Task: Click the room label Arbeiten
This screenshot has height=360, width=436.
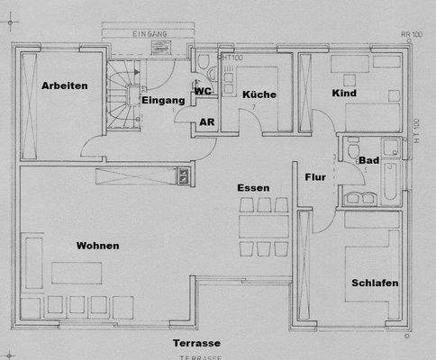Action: (x=64, y=85)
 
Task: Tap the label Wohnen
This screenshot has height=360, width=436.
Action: (x=97, y=246)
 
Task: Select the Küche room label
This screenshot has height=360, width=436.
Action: (x=259, y=94)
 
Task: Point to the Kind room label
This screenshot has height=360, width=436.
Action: (x=344, y=94)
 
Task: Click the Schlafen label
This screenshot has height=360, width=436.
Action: (x=375, y=283)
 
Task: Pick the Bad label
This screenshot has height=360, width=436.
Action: (x=368, y=161)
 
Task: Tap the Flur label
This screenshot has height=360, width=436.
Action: (x=315, y=177)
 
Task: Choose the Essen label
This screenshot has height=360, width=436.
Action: (x=253, y=188)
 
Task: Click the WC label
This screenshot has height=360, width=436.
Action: (x=204, y=91)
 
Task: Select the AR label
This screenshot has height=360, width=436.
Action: (x=207, y=121)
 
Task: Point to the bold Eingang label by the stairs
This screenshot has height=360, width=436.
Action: (x=164, y=100)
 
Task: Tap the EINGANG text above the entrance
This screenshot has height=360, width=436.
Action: (x=150, y=33)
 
